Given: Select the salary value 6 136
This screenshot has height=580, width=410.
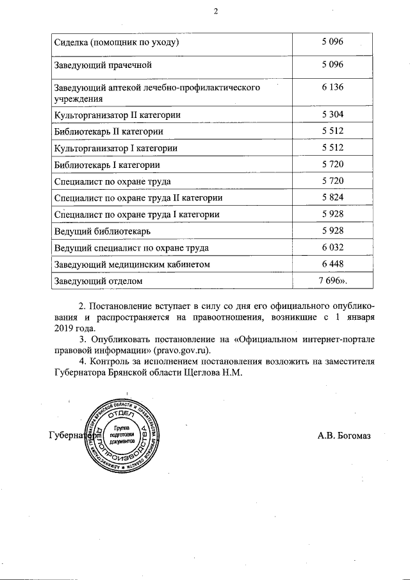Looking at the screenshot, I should [332, 87].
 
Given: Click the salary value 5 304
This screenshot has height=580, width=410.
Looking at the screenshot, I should [332, 115].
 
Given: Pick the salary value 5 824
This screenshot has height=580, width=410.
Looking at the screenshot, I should [332, 198].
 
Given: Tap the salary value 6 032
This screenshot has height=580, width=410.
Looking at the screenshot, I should [332, 247].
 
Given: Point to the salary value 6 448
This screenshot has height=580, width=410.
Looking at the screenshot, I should [332, 264].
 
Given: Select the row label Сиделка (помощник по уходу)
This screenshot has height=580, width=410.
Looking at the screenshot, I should [116, 43].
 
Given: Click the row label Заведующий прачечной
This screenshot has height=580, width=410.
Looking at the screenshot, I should [103, 65].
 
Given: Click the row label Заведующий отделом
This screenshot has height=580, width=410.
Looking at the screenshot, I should [98, 281].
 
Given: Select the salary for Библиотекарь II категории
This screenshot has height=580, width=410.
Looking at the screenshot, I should [332, 131].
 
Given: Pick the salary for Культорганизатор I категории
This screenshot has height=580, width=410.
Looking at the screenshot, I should [332, 148].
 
